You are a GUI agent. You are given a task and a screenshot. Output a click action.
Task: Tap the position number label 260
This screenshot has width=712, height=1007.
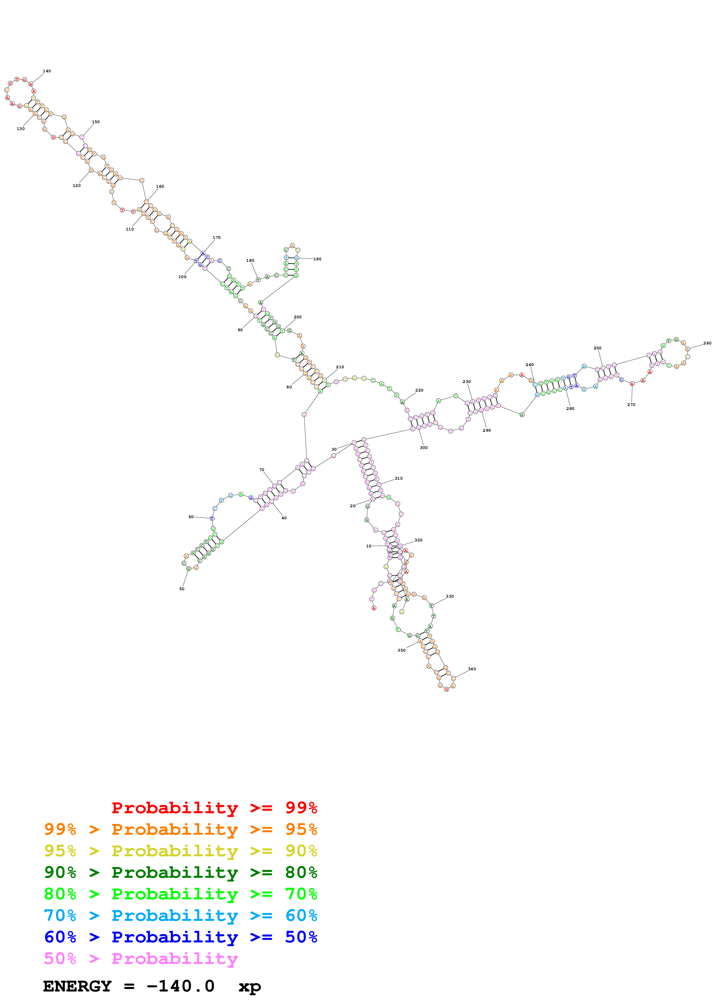707,343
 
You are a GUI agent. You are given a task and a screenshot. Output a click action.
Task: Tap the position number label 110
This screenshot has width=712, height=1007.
130,229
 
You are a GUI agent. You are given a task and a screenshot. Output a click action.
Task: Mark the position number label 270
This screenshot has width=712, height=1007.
631,405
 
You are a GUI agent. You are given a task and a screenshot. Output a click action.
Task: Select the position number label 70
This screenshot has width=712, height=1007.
261,470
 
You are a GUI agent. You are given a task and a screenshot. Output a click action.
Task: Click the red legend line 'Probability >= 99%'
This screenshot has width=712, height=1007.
214,807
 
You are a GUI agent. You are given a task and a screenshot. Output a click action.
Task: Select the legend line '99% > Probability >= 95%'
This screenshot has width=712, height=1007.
180,829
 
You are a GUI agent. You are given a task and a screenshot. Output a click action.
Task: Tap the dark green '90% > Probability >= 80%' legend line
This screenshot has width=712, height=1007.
180,872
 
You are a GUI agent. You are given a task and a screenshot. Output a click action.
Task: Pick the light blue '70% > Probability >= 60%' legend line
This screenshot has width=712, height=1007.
180,915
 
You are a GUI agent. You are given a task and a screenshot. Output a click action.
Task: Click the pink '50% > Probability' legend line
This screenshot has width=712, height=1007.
141,958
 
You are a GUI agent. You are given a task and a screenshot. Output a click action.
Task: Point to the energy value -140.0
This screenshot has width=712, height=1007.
180,986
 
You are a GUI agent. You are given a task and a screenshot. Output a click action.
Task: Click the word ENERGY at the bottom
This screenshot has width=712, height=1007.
77,986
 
